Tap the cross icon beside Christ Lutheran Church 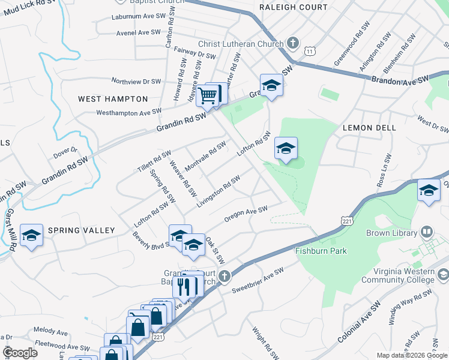[292, 43]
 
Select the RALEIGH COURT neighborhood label [294, 7]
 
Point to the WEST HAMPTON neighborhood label [113, 98]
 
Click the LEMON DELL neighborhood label [369, 128]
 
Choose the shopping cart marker [208, 95]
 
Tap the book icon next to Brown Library [426, 232]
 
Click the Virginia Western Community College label [395, 275]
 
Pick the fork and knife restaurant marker [184, 287]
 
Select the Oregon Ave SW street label [246, 214]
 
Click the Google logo [20, 353]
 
